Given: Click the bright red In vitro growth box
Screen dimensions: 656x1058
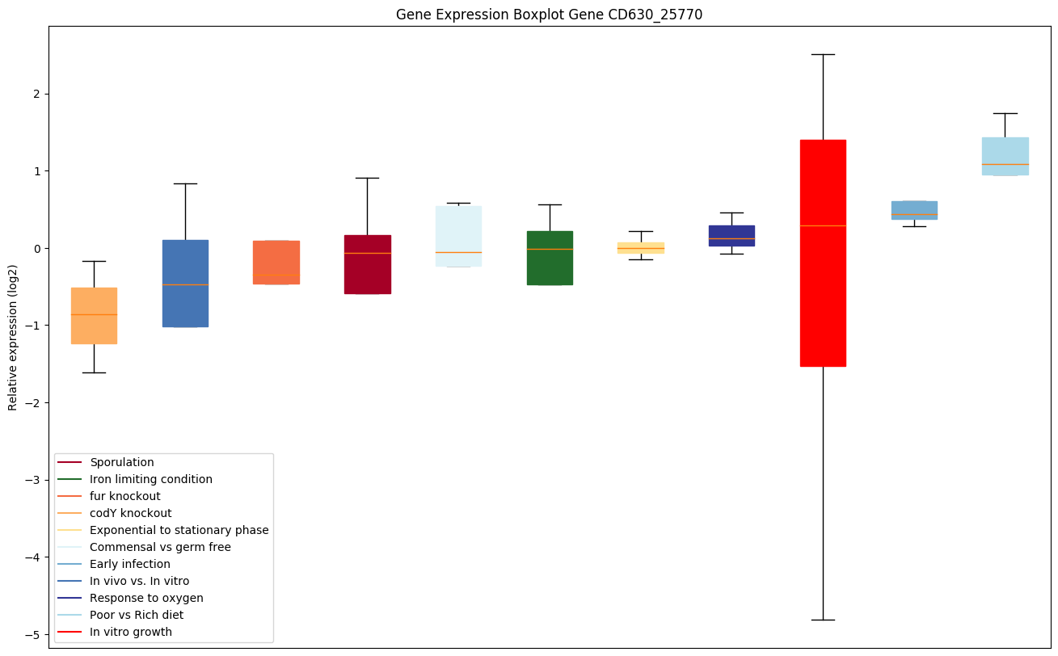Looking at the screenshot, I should pos(823,291).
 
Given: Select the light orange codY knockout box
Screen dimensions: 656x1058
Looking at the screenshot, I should pos(94,316).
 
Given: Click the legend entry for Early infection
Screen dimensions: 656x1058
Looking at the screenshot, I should pos(130,564).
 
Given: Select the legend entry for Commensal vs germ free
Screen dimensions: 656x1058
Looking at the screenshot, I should pos(160,547).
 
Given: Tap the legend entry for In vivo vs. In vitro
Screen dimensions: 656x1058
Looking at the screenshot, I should pos(139,581).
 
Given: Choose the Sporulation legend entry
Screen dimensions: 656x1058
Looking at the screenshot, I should pos(122,462).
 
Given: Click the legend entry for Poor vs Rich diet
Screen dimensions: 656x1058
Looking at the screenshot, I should pos(137,615).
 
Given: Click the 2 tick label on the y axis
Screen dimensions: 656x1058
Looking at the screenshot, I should pos(37,94).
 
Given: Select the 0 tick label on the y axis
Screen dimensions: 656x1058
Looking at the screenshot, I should pos(37,248).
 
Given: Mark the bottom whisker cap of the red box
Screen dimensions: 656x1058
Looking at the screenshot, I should pos(823,620).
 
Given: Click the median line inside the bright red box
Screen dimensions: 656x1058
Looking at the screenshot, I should pos(823,225).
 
